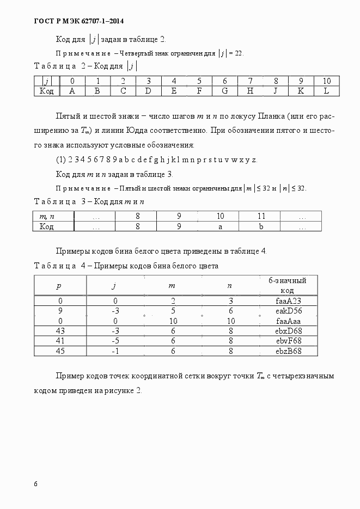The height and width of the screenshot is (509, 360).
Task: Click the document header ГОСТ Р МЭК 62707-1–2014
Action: tap(74, 21)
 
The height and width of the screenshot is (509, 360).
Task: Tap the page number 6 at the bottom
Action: tap(35, 483)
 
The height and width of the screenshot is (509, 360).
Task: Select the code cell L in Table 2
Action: tap(326, 91)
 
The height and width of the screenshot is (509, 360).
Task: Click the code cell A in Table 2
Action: tap(72, 91)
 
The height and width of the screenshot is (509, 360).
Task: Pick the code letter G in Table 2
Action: tap(224, 91)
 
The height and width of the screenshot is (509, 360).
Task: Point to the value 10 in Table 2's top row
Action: tap(326, 81)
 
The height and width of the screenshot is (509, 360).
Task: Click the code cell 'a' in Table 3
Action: tap(220, 226)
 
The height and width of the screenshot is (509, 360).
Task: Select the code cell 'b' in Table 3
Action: tap(261, 226)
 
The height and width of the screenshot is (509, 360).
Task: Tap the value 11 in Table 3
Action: tap(261, 216)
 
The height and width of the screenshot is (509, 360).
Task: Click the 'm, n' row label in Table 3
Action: tap(47, 216)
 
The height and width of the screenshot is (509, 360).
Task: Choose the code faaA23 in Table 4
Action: tap(288, 301)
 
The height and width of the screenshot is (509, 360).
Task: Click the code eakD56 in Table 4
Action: tap(288, 311)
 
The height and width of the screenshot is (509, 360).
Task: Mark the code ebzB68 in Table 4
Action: tap(288, 351)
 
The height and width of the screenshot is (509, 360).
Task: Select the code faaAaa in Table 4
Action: tap(288, 321)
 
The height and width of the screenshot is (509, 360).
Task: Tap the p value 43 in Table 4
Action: tap(60, 331)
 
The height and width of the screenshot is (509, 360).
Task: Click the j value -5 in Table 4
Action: tap(114, 341)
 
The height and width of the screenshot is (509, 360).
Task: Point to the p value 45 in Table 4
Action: tap(60, 351)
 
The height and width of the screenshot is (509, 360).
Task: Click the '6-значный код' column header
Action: tap(288, 285)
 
